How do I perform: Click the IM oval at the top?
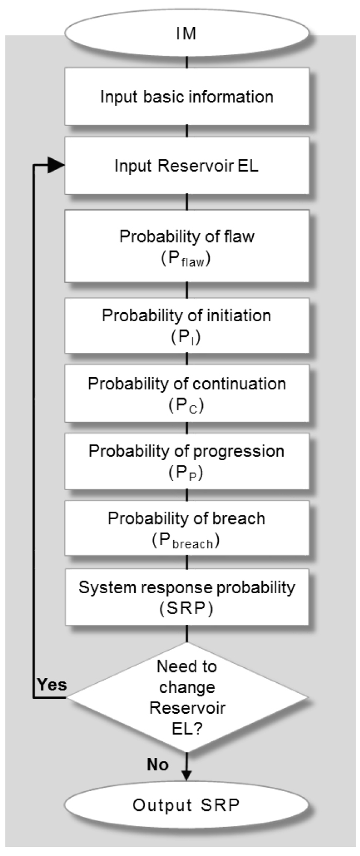187,33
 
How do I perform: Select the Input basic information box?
187,97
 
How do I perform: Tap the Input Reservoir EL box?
187,166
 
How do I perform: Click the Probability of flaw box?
187,246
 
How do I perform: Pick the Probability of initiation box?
187,326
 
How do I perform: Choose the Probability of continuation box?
187,393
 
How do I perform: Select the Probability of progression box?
187,461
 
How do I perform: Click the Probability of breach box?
187,528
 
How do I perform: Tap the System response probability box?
187,597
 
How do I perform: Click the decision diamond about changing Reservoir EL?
187,697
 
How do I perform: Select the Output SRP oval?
187,805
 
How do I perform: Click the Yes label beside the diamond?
52,685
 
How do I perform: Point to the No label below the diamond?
158,765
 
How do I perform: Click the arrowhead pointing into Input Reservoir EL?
56,166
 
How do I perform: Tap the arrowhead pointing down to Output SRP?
187,774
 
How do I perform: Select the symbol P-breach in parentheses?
186,541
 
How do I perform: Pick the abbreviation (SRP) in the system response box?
186,608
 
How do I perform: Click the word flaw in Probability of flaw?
239,236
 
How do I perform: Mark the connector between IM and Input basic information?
187,63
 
